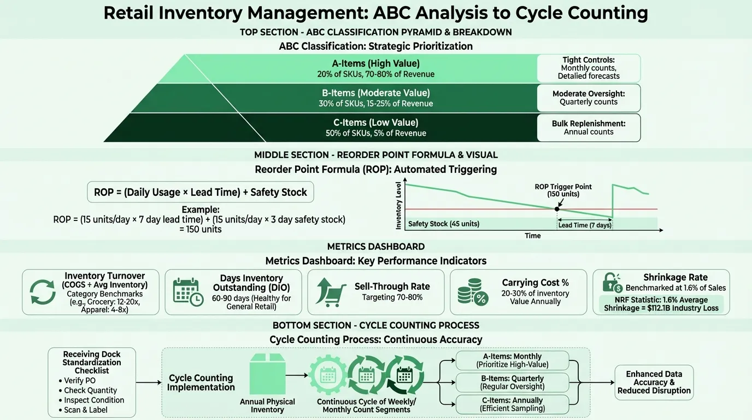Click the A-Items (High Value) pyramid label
(x=376, y=63)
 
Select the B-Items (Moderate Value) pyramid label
(x=376, y=93)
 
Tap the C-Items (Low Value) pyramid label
(x=376, y=122)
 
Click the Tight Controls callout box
(x=589, y=68)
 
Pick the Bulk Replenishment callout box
(x=589, y=127)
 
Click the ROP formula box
(x=201, y=192)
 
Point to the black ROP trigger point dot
(x=557, y=209)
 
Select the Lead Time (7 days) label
(x=584, y=225)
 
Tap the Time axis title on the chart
(x=532, y=236)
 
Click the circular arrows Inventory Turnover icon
(x=42, y=292)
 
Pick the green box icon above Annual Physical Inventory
(x=267, y=377)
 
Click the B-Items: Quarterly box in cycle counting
(x=512, y=382)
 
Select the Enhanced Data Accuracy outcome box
(x=654, y=382)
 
